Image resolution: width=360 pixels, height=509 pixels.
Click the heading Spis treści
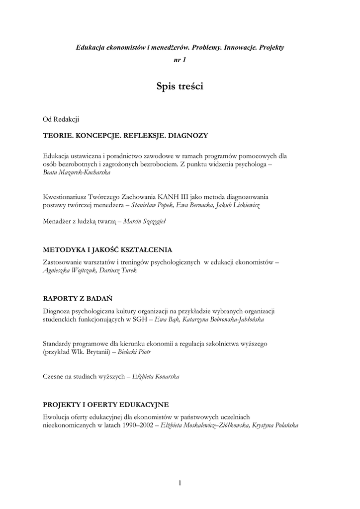[x=180, y=86]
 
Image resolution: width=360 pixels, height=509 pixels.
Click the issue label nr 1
[x=180, y=60]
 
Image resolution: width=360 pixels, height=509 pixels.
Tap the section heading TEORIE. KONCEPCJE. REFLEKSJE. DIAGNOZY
[x=125, y=135]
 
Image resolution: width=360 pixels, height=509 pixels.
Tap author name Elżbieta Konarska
[x=156, y=376]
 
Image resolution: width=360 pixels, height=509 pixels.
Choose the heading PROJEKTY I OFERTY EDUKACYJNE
[x=106, y=404]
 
